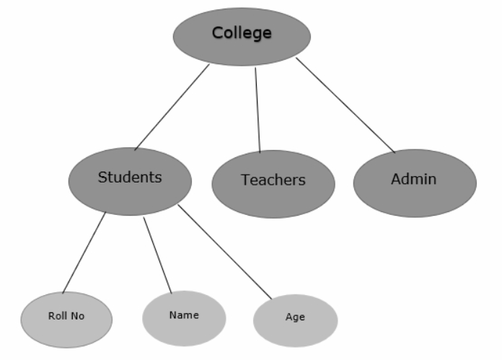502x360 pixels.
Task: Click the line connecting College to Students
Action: coord(172,107)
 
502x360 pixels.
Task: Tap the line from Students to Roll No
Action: coord(84,253)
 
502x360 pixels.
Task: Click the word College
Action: coord(242,33)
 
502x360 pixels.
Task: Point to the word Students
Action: coord(130,177)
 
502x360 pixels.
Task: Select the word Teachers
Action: coord(273,180)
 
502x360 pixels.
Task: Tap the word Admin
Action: coord(414,179)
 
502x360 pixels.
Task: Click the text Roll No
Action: coord(66,316)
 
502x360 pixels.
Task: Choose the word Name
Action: coord(184,315)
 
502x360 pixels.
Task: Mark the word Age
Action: coord(295,317)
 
